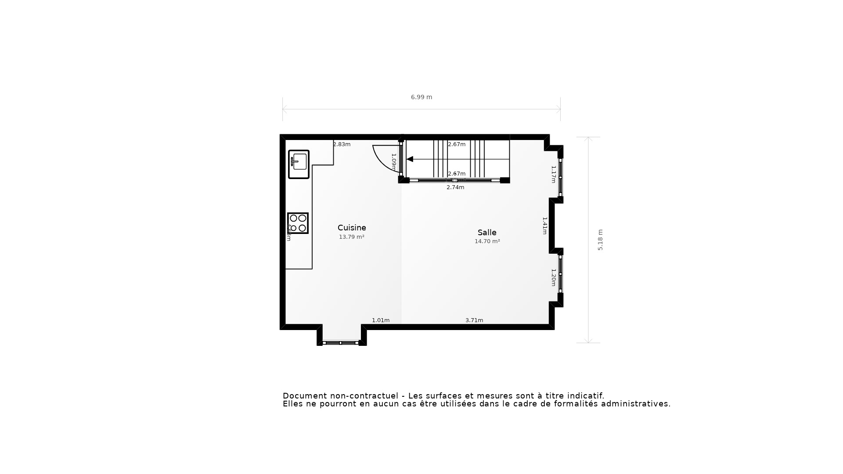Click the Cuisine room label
tap(352, 228)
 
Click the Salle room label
tap(487, 233)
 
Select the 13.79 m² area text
tap(352, 237)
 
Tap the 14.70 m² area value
tap(487, 241)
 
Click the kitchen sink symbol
tap(299, 164)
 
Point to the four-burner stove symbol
tap(298, 223)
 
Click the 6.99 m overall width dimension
tap(421, 97)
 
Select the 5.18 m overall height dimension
tap(600, 240)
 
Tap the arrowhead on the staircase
tap(410, 159)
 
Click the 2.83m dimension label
tap(342, 144)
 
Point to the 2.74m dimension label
tap(455, 187)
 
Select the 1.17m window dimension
tap(554, 174)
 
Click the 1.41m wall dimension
tap(544, 226)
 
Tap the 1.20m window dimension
tap(554, 277)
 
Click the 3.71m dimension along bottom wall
tap(474, 320)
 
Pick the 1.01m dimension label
tap(381, 320)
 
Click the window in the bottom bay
tap(341, 343)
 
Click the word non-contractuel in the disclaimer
tap(364, 396)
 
